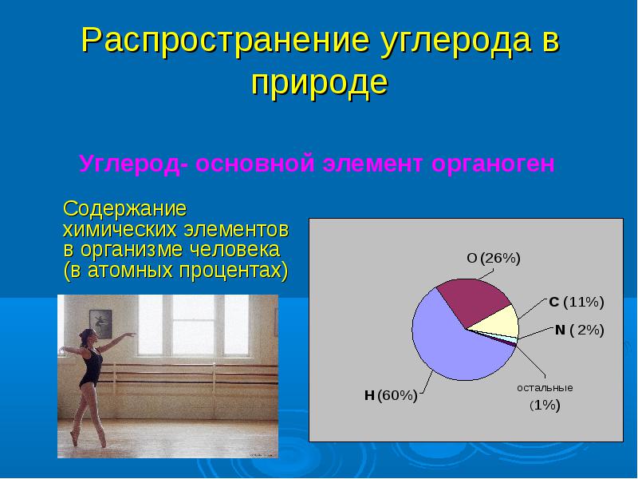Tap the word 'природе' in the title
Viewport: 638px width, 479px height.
[320, 84]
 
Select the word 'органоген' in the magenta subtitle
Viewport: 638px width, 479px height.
[493, 164]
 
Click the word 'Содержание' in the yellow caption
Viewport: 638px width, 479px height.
[125, 209]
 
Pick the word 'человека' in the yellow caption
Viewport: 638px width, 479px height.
[242, 249]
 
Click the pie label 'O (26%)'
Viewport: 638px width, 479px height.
[493, 258]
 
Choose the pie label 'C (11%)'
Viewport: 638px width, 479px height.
[576, 303]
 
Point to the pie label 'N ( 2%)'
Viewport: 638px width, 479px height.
[580, 330]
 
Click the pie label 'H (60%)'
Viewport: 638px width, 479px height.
[391, 395]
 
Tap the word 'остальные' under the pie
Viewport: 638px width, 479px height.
[545, 388]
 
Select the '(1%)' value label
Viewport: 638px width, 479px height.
[545, 406]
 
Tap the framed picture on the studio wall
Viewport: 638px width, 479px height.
[100, 324]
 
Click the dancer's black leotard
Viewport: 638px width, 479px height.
[91, 369]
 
